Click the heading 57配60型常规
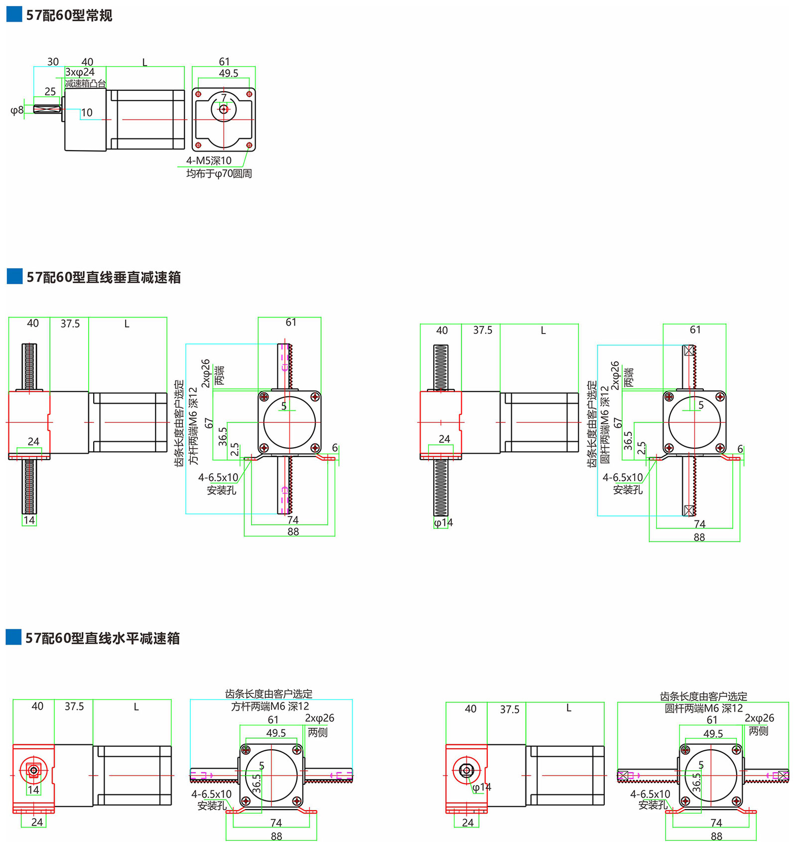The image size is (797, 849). pyautogui.click(x=69, y=15)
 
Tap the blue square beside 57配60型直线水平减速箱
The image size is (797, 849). pyautogui.click(x=13, y=638)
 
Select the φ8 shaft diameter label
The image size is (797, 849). pyautogui.click(x=17, y=110)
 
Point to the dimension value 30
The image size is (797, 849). pyautogui.click(x=53, y=62)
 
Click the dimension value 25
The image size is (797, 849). pyautogui.click(x=50, y=91)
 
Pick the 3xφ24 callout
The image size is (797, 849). pyautogui.click(x=80, y=72)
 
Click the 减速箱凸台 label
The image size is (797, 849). pyautogui.click(x=85, y=83)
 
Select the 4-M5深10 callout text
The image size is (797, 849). pyautogui.click(x=209, y=161)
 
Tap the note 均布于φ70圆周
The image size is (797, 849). pyautogui.click(x=219, y=173)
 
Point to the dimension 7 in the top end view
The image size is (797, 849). pyautogui.click(x=224, y=98)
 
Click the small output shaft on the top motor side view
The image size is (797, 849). pyautogui.click(x=47, y=109)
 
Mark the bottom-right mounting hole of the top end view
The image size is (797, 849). pyautogui.click(x=249, y=145)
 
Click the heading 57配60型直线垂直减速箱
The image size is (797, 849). pyautogui.click(x=104, y=277)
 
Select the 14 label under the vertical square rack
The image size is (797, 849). pyautogui.click(x=29, y=520)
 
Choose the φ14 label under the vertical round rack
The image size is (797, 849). pyautogui.click(x=443, y=522)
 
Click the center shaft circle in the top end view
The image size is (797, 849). pyautogui.click(x=224, y=109)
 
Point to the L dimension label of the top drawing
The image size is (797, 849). pyautogui.click(x=144, y=62)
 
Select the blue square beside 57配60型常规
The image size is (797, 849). pyautogui.click(x=14, y=14)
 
